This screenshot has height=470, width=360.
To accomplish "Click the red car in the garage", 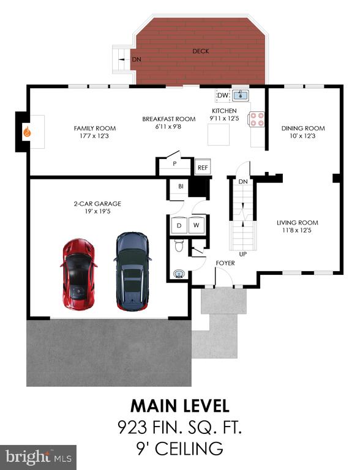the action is [x=79, y=274].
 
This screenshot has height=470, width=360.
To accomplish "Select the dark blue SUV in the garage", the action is [x=132, y=271].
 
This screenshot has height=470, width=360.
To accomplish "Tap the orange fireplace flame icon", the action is [x=28, y=132].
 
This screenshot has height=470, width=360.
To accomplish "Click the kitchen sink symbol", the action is [x=241, y=95].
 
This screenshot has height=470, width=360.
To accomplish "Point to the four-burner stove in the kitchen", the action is [x=257, y=119].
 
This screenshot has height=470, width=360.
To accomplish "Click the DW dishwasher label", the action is [x=223, y=95].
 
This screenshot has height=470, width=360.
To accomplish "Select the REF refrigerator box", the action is [x=203, y=167].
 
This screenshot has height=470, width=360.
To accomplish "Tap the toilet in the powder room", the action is [x=179, y=245].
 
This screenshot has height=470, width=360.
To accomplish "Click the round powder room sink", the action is [x=179, y=274].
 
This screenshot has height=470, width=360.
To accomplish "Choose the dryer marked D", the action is [x=179, y=225].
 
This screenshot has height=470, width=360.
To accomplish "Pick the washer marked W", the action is [x=197, y=225].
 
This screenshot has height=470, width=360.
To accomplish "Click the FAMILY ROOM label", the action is [x=95, y=129].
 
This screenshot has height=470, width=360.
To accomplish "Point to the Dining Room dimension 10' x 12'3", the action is [x=302, y=136].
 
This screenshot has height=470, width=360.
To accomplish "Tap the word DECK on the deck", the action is [x=201, y=51].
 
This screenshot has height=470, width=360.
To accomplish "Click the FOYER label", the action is [x=225, y=263].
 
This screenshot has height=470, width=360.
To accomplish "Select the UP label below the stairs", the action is [x=243, y=254].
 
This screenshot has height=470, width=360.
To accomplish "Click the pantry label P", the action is [x=174, y=164].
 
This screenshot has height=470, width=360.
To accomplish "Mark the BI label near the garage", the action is [x=181, y=187].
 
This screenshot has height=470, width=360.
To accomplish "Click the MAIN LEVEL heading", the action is [x=180, y=406].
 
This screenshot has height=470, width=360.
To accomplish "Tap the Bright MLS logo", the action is [x=39, y=457].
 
